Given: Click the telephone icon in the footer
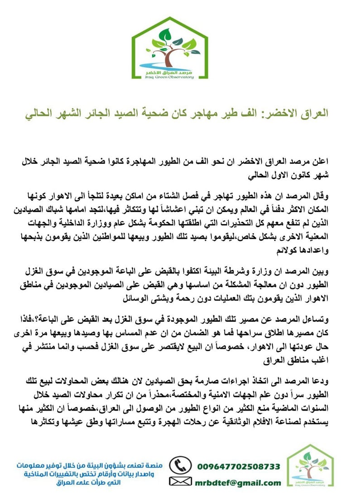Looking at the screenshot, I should [180, 465].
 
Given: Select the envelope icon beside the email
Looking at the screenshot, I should [180, 482].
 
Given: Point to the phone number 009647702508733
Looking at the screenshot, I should [239, 466].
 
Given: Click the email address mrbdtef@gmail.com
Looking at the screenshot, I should [239, 483].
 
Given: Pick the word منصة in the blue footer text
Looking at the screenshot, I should [152, 465].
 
